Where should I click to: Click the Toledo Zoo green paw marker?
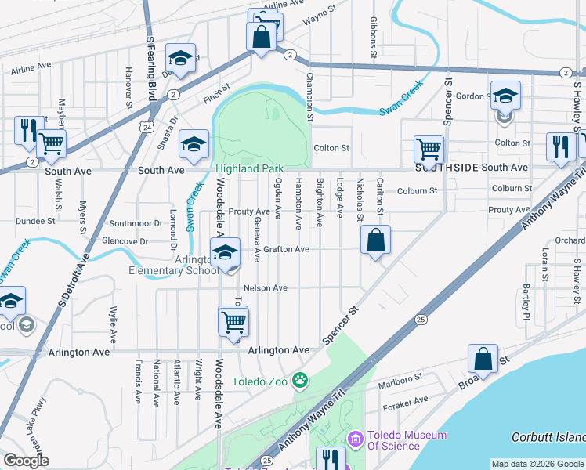[299, 381]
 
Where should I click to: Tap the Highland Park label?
[249, 168]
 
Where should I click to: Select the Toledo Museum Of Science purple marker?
[356, 439]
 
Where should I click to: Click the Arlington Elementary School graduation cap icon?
[225, 254]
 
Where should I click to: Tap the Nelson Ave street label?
[266, 288]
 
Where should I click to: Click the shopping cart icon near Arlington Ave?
[233, 321]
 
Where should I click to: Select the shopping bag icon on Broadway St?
[483, 360]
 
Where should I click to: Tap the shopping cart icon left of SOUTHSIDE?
[429, 148]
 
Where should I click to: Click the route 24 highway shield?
[147, 126]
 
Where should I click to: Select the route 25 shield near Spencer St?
[421, 319]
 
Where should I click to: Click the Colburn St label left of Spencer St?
[417, 190]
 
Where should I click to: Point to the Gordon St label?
[472, 96]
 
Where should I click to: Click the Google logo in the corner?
[26, 461]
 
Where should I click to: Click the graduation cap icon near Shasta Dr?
[194, 143]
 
